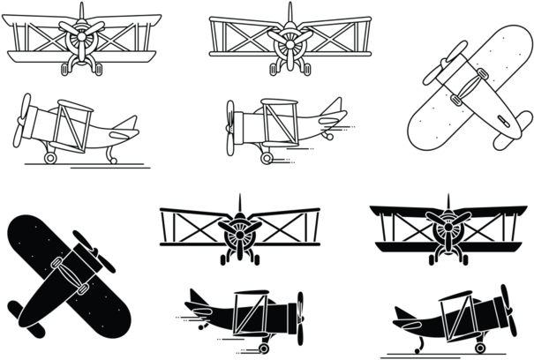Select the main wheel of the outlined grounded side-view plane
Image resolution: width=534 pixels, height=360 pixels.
coord(50,158)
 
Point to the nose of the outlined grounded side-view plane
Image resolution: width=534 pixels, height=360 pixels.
coord(26,124)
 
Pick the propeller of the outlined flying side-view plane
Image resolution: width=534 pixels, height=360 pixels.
coord(232,127)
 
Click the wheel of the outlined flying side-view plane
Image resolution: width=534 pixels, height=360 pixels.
coord(265,159)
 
